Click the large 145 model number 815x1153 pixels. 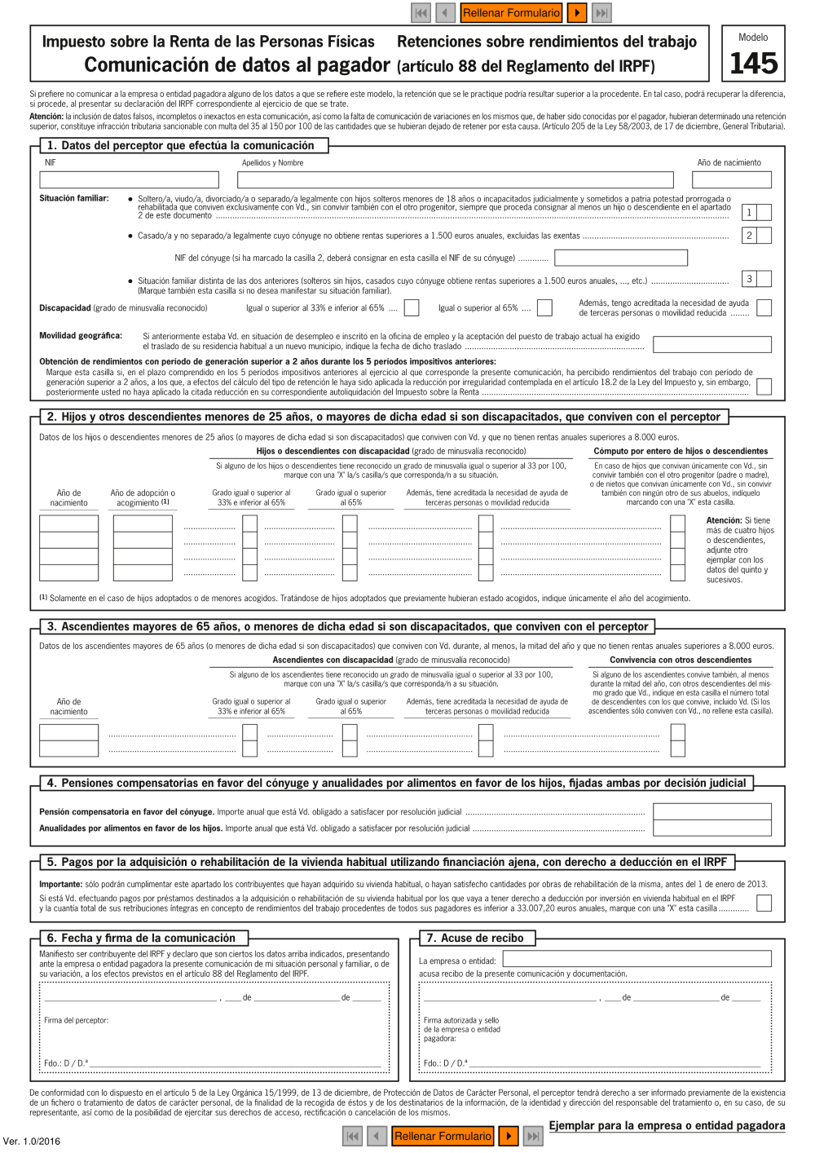[x=753, y=64]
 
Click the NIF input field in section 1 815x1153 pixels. [x=130, y=179]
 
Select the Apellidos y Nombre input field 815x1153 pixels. [x=455, y=179]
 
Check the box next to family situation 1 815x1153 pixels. [x=764, y=213]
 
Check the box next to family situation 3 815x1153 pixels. [x=764, y=279]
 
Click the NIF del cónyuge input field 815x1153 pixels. [x=621, y=258]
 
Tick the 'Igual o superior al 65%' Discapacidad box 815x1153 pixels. [x=544, y=307]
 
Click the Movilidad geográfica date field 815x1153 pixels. [x=711, y=345]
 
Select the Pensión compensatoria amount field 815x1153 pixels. [x=711, y=811]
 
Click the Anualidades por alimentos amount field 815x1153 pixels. [x=711, y=828]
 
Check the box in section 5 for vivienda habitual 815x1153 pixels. [x=764, y=903]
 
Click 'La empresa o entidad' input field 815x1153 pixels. [x=637, y=959]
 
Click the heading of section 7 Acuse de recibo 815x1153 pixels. [x=475, y=939]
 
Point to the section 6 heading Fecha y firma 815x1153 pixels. [x=142, y=939]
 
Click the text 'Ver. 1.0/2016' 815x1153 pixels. [x=32, y=1141]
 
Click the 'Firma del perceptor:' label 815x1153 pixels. [x=76, y=1020]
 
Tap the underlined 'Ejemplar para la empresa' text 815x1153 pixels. [x=667, y=1125]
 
